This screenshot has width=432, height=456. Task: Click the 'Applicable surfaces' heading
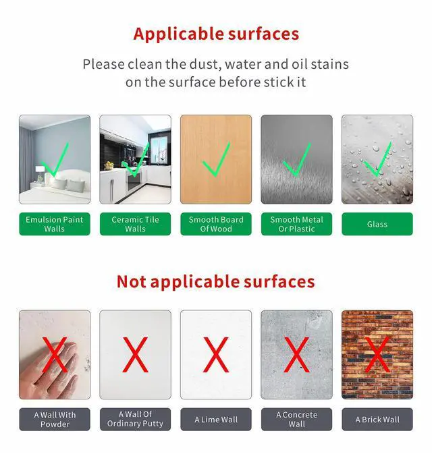click(x=216, y=34)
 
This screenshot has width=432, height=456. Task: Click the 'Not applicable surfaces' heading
click(x=216, y=282)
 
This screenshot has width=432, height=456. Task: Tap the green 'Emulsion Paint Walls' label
click(x=55, y=224)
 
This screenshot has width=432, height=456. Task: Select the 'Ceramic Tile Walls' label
click(x=136, y=224)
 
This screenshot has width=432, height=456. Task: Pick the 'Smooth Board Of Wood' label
click(x=216, y=224)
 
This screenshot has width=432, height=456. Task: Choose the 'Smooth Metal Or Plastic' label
click(x=296, y=224)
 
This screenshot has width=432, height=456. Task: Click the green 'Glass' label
click(x=377, y=224)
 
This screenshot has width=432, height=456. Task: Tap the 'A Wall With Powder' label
click(x=55, y=420)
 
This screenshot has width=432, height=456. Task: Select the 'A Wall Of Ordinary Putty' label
click(x=136, y=420)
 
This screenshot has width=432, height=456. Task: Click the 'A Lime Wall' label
click(x=216, y=420)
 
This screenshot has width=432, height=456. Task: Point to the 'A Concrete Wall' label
click(x=296, y=420)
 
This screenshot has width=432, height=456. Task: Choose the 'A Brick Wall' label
click(x=377, y=420)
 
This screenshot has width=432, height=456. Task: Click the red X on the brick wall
click(x=377, y=355)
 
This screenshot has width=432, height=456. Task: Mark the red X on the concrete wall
click(x=296, y=355)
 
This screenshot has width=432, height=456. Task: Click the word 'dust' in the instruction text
click(x=204, y=64)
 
